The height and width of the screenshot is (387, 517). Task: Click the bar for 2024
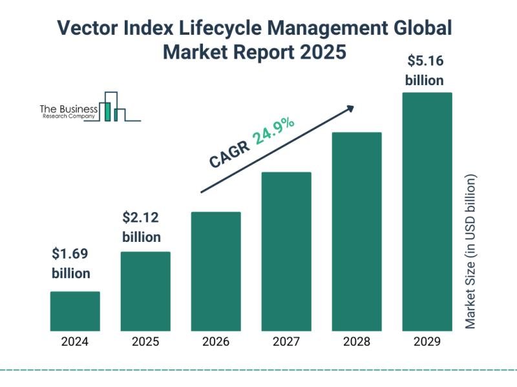coord(75,311)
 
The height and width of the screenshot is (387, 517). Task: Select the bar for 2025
coord(145,291)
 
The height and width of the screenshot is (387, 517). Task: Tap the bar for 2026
coord(216,271)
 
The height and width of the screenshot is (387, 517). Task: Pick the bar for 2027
coord(286,251)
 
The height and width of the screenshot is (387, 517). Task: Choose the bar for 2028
coord(357,231)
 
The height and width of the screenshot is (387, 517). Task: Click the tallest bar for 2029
coord(427,211)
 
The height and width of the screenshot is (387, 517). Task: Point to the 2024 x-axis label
coord(75,342)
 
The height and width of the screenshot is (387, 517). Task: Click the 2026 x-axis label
coord(216,342)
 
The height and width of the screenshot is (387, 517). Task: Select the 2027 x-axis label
coord(286,342)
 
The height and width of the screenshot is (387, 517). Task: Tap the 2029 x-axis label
coord(427,342)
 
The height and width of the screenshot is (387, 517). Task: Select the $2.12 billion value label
coord(142,228)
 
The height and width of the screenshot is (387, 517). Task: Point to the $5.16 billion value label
coord(425,71)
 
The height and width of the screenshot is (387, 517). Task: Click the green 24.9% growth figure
coord(274,131)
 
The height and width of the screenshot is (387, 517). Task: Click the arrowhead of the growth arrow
coord(350,108)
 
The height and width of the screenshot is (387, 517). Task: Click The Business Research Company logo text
coord(69,112)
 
